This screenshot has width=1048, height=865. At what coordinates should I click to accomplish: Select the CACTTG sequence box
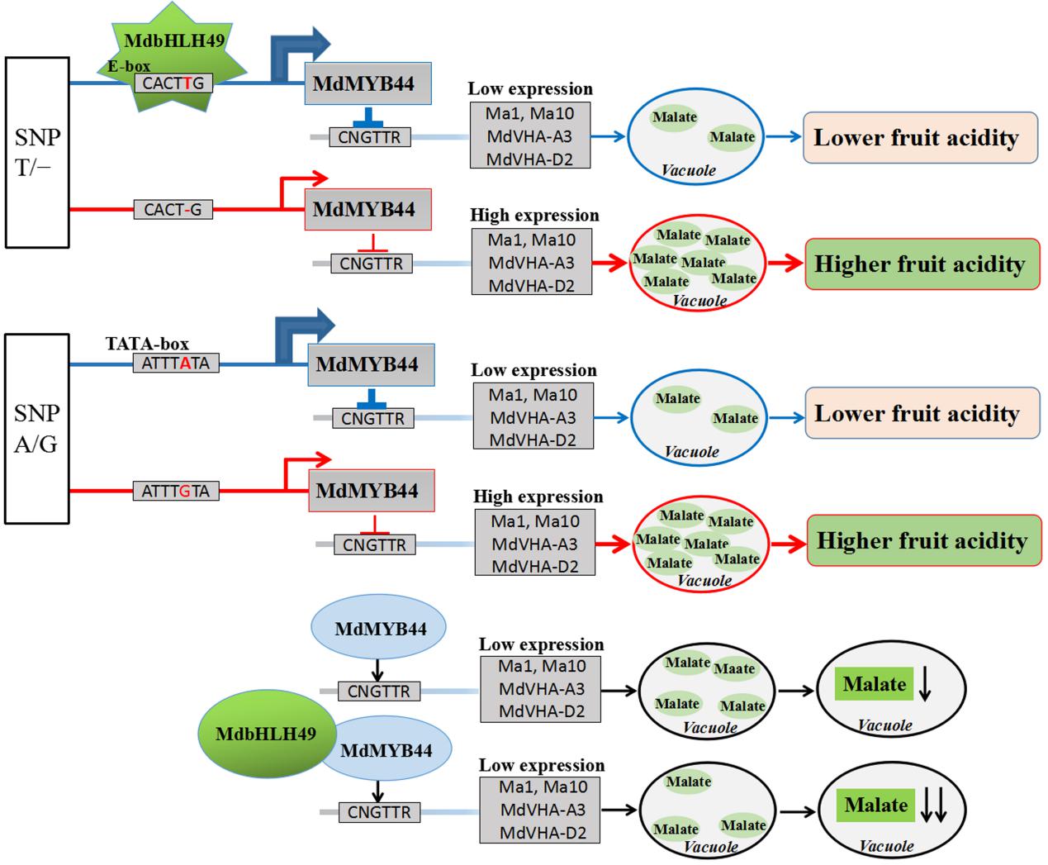point(173,83)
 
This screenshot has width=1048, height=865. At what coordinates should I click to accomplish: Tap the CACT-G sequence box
point(173,210)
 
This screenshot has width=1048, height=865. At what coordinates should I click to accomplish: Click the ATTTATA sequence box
point(175,363)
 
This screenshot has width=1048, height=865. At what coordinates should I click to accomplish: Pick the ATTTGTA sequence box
point(175,492)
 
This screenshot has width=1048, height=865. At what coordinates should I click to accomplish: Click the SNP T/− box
point(37,152)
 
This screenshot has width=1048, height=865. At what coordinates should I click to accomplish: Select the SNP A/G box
point(37,428)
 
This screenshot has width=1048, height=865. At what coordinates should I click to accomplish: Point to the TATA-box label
point(147,344)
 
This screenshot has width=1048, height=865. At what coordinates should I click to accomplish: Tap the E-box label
point(129,66)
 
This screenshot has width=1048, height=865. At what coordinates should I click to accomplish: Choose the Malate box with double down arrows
point(876,806)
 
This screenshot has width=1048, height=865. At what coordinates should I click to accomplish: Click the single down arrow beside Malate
point(925,686)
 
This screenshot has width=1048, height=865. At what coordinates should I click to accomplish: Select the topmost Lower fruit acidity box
point(921,138)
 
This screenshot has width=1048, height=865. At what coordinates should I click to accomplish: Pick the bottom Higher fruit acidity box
point(923,541)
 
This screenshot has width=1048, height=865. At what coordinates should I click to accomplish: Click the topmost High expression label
point(534,216)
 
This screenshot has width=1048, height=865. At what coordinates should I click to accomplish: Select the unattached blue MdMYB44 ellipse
point(380,629)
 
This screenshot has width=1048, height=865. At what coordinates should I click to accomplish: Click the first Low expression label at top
point(530,89)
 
